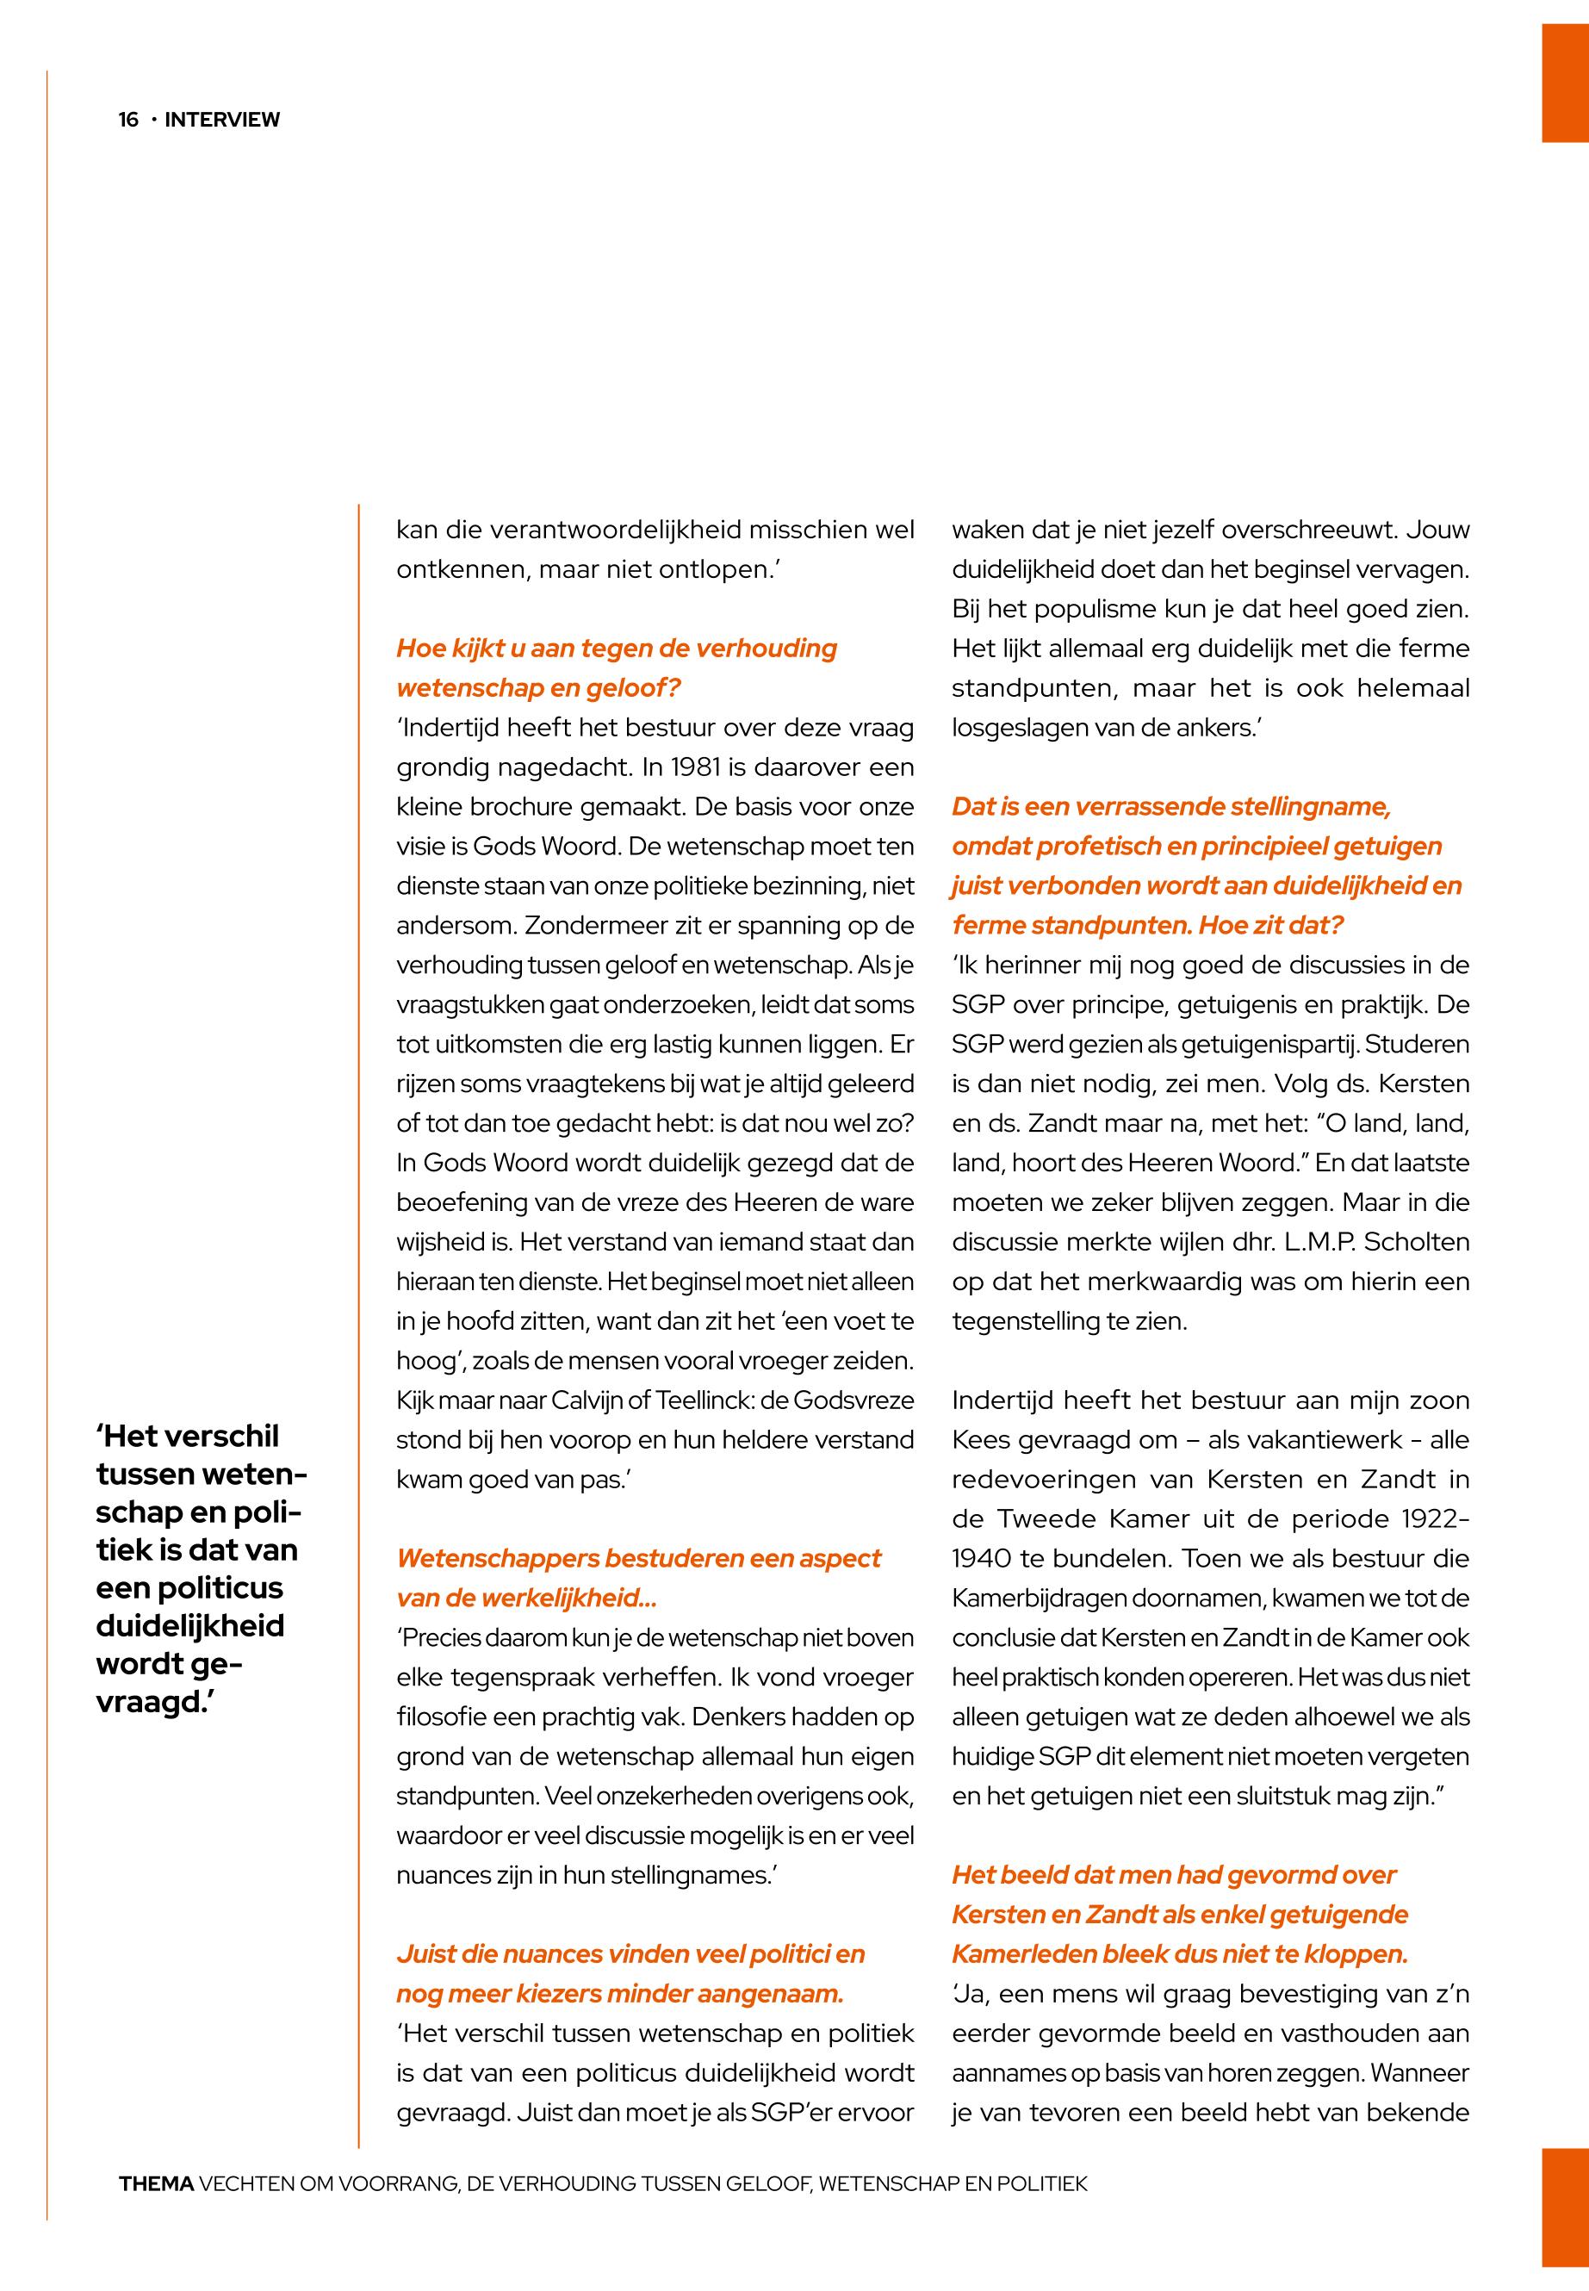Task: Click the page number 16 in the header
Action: tap(128, 121)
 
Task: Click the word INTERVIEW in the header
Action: tap(222, 121)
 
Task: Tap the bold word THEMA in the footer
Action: tap(155, 2184)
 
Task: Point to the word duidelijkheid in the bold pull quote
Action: tap(190, 1626)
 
